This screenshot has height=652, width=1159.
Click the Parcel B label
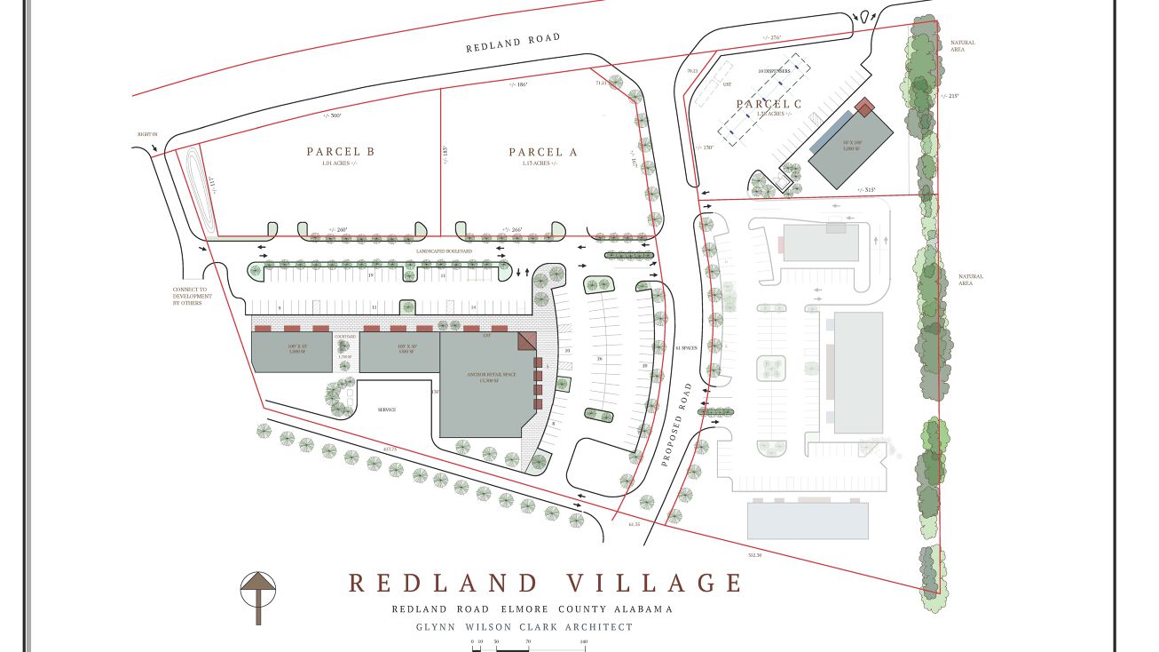(341, 152)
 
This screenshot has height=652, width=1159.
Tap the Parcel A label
(543, 153)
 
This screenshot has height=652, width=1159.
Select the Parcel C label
(769, 105)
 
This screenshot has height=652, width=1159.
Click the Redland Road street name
(514, 42)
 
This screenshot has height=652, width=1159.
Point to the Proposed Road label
(678, 425)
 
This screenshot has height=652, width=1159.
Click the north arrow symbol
(258, 595)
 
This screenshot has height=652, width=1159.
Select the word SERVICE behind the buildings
(386, 409)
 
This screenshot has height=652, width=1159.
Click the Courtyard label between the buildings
(344, 337)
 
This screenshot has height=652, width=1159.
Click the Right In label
(147, 134)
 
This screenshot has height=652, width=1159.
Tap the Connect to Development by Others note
(193, 296)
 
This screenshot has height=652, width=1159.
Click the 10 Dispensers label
(773, 70)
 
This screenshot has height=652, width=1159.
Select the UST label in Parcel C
(726, 84)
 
